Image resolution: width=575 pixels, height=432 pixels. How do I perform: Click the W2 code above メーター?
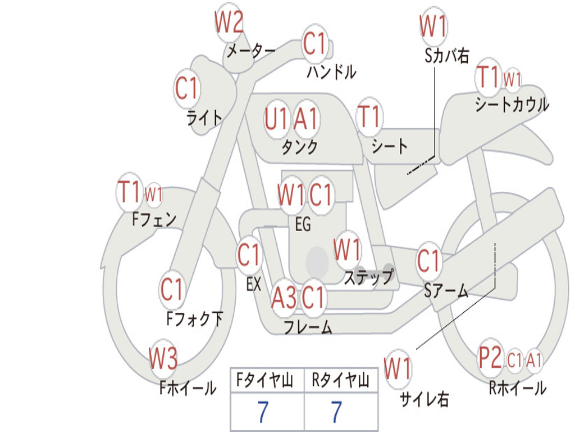[229, 22]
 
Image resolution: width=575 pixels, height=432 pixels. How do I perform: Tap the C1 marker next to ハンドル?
[314, 43]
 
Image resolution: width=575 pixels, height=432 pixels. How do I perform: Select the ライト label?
[204, 118]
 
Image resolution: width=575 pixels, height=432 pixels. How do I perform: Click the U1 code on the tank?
[276, 119]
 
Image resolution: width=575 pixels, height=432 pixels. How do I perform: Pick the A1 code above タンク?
[305, 119]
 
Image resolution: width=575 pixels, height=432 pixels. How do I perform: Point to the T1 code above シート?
[369, 116]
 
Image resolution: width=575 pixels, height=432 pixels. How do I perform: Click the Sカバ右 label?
[446, 56]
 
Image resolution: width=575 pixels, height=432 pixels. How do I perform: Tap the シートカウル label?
[512, 104]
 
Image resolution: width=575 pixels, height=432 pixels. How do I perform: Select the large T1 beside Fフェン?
[129, 191]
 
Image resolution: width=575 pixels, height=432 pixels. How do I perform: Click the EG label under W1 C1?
[303, 224]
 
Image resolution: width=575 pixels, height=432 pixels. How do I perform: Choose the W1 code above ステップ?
[346, 249]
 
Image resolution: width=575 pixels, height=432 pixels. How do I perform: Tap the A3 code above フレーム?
[284, 297]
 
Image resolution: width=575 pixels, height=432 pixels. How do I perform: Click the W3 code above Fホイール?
[163, 358]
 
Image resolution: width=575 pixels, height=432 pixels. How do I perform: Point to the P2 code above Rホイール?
[490, 357]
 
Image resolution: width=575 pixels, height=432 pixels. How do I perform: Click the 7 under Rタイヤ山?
[337, 412]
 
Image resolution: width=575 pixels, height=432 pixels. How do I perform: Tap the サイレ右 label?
[424, 399]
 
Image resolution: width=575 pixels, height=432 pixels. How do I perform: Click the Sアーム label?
[446, 290]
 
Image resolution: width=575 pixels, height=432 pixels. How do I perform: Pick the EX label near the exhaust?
[254, 284]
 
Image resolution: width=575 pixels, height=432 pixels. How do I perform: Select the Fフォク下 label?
[195, 318]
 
